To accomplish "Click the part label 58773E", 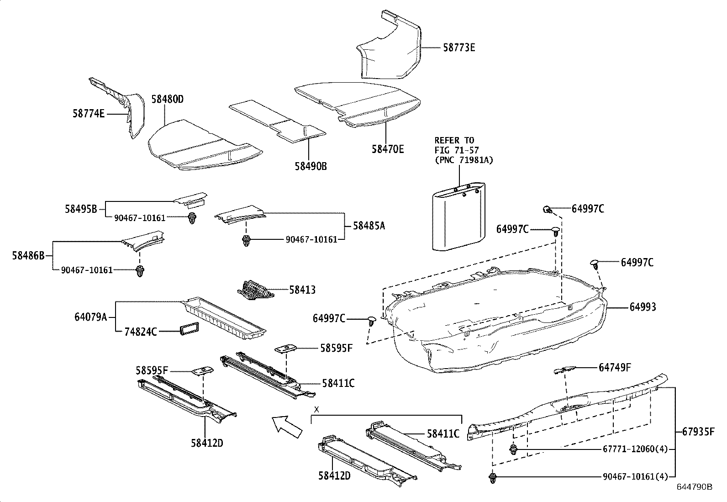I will (x=459, y=48).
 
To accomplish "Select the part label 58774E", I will (x=88, y=113).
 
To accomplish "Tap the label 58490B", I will (x=311, y=166).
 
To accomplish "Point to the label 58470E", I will (x=388, y=149).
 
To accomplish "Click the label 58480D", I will (x=167, y=99).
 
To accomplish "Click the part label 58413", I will (x=302, y=290).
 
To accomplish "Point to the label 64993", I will (x=643, y=307).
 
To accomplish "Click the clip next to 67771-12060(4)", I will (x=513, y=449).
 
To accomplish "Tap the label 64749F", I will (x=615, y=367).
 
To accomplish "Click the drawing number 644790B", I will (x=694, y=487).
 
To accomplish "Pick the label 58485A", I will (x=369, y=226).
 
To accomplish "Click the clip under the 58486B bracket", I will (x=139, y=271).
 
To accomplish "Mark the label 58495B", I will (x=81, y=209).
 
